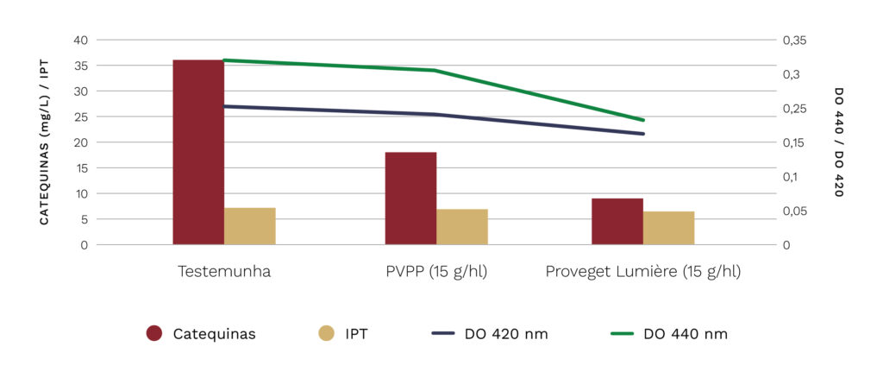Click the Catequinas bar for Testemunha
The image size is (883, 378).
click(x=198, y=152)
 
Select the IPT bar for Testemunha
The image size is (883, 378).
click(x=250, y=226)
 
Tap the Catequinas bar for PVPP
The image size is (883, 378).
click(x=410, y=198)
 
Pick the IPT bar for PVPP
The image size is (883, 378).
click(x=462, y=227)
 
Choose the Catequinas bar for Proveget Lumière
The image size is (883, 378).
click(x=617, y=222)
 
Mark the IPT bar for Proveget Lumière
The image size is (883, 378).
click(x=668, y=228)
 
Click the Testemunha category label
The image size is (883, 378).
click(x=224, y=271)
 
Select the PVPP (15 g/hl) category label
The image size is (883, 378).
click(x=436, y=271)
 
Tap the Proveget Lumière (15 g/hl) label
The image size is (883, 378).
click(x=643, y=271)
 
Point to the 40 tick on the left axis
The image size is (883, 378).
click(x=80, y=40)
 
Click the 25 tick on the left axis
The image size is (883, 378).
click(x=80, y=117)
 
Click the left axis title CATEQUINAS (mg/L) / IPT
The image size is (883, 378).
click(x=44, y=142)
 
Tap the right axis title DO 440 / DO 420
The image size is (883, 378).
click(x=838, y=142)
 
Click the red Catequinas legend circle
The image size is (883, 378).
click(x=155, y=334)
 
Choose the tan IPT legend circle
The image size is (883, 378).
click(x=326, y=334)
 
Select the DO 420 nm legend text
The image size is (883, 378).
click(x=506, y=334)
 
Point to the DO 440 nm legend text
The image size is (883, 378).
click(x=686, y=334)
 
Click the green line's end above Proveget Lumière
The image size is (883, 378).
click(x=643, y=120)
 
